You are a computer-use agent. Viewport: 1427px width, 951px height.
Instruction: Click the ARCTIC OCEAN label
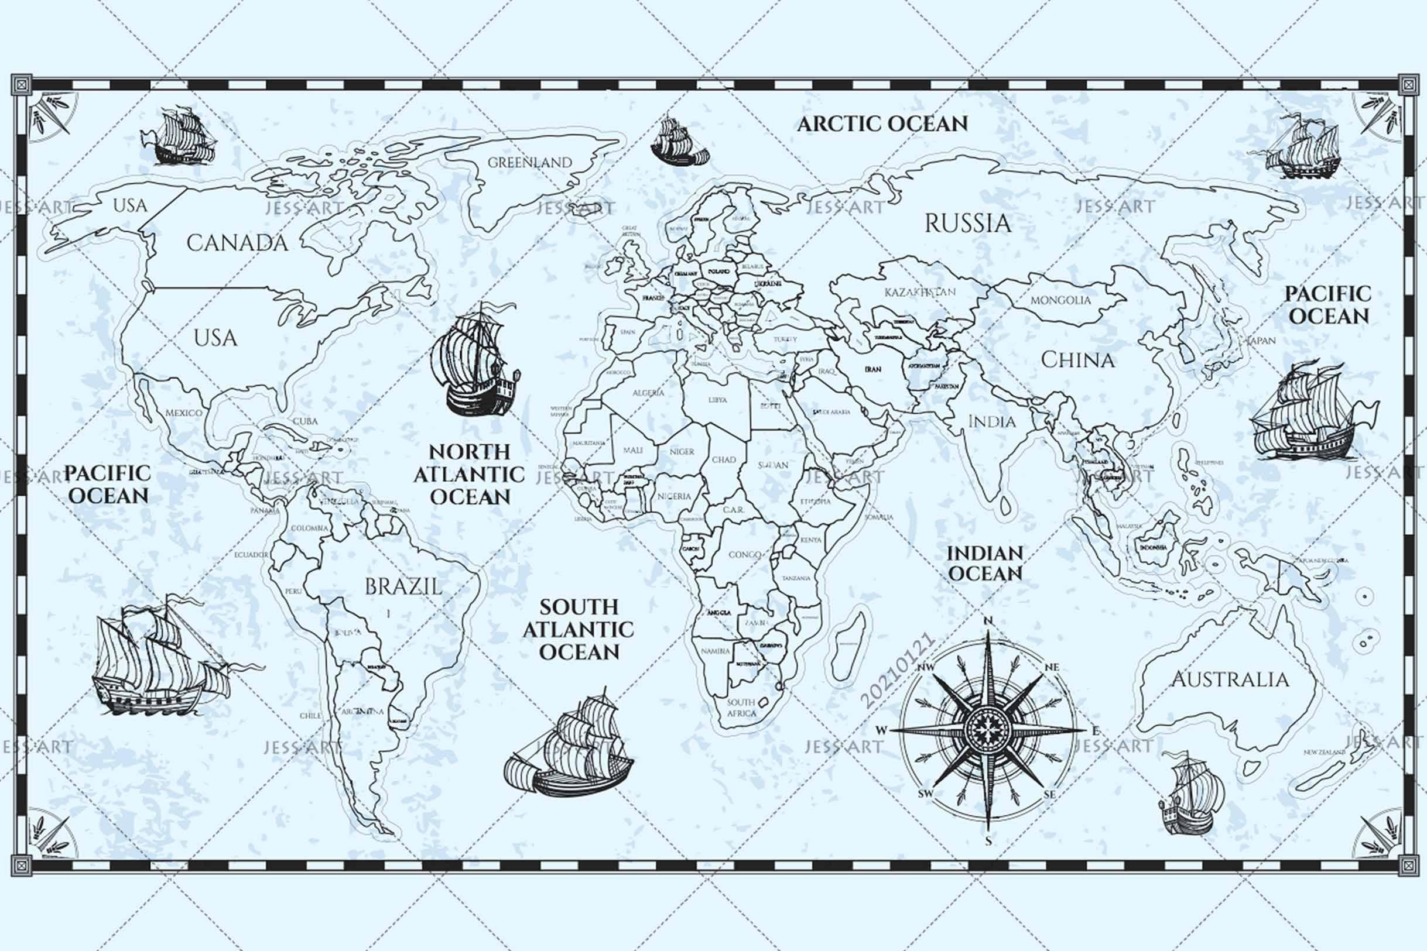click(x=882, y=123)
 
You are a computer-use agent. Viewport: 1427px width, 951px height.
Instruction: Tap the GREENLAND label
click(x=530, y=163)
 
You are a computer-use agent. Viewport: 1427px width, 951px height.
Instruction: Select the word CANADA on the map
click(x=237, y=243)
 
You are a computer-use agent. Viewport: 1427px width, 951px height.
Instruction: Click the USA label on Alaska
click(x=130, y=205)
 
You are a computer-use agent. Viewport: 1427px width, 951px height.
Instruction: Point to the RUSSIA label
click(x=968, y=224)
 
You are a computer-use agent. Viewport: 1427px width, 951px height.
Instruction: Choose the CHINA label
click(x=1077, y=361)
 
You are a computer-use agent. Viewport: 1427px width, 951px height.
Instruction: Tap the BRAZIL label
click(x=403, y=586)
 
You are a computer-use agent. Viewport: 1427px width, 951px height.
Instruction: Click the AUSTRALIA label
click(x=1230, y=679)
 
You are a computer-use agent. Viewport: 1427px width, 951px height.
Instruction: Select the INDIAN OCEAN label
click(x=985, y=563)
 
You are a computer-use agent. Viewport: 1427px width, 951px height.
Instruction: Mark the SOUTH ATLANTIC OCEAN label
click(x=578, y=630)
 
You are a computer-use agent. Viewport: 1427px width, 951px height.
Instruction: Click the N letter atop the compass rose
click(x=988, y=620)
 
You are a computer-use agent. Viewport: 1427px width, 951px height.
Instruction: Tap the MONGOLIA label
click(x=1060, y=300)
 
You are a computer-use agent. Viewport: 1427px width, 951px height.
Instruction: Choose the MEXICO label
click(x=184, y=413)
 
